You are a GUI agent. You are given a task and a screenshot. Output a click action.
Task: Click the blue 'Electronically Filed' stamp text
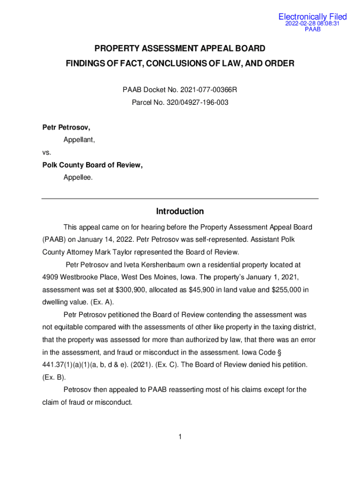(x=312, y=17)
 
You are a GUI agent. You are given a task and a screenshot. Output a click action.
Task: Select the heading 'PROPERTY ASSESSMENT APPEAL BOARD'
(x=180, y=48)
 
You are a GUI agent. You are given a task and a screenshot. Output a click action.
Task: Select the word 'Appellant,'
(x=79, y=140)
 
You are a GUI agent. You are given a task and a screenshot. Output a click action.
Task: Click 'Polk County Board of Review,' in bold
(x=93, y=165)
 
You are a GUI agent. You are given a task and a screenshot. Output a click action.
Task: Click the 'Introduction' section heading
(x=180, y=211)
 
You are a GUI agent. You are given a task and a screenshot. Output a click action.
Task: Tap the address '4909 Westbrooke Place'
(x=79, y=277)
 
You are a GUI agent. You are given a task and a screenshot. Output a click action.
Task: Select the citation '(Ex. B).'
(x=54, y=377)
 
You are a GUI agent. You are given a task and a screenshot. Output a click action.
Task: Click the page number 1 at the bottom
(x=180, y=437)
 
